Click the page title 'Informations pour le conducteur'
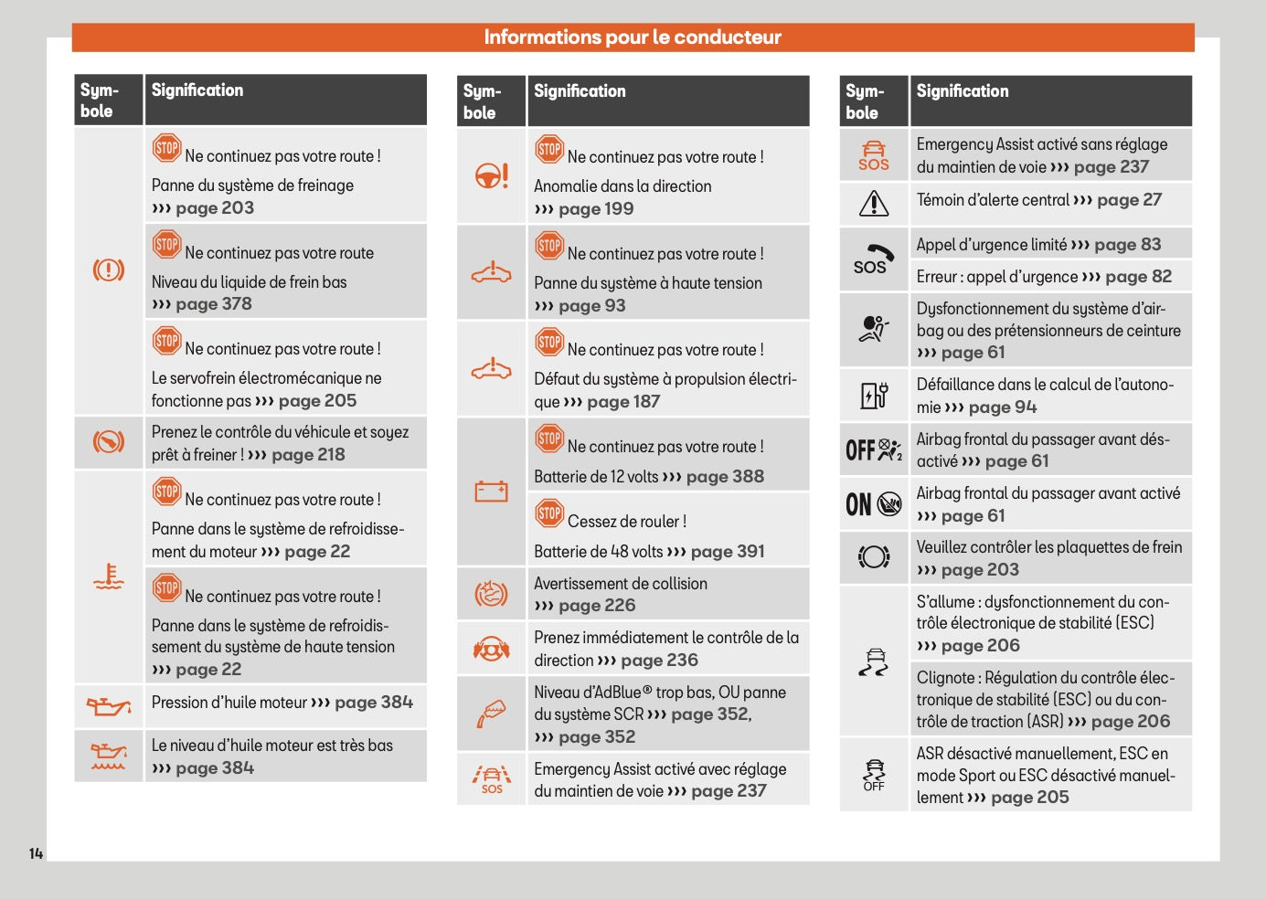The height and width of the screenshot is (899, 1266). coord(633,37)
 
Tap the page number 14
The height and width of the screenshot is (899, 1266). coord(36,853)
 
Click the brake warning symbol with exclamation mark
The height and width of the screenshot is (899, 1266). coord(109,270)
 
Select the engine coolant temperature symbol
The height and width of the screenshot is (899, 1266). coord(109,576)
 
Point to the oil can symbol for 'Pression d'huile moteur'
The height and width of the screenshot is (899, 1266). coord(109,705)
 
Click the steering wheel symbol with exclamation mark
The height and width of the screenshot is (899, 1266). coord(492,175)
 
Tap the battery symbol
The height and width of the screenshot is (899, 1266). coord(491,492)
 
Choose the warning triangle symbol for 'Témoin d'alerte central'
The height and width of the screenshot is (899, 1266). coord(874,203)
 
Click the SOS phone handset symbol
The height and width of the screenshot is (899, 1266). coord(873,259)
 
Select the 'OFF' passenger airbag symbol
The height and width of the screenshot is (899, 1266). coord(873,449)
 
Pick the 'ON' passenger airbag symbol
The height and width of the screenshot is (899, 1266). coord(873,503)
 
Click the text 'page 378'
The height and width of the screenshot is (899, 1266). coord(214,304)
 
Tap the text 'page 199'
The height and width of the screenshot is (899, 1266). coord(596,209)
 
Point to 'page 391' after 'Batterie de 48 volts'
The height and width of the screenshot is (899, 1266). coord(728,552)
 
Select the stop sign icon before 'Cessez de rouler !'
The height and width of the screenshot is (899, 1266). coord(549,513)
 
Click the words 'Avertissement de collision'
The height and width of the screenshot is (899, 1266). coord(621,584)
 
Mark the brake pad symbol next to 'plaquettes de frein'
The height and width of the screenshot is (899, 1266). coord(874,556)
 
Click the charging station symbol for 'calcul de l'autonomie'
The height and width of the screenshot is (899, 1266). coord(874,395)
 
